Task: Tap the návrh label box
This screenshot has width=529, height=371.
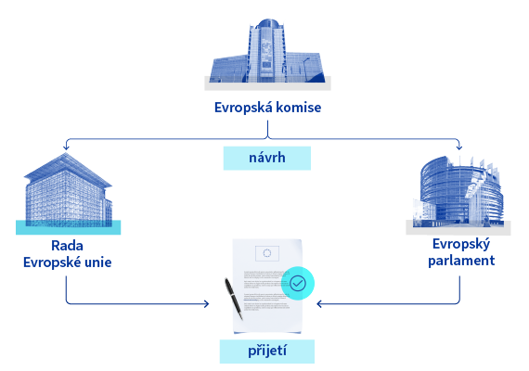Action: (x=267, y=158)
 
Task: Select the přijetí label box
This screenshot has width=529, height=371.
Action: (x=267, y=352)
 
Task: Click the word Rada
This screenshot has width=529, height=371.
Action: (x=67, y=246)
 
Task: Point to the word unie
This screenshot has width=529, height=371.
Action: (x=98, y=262)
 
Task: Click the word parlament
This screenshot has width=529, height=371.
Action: (x=461, y=261)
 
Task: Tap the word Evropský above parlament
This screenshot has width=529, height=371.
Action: (x=461, y=244)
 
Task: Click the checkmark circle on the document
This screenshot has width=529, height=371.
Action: (x=298, y=283)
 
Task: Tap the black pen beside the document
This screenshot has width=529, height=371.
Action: (x=234, y=299)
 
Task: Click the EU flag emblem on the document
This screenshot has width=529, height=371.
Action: (x=267, y=253)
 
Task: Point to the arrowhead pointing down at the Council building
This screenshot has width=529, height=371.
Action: (x=66, y=147)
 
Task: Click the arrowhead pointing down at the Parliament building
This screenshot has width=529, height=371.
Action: (x=459, y=147)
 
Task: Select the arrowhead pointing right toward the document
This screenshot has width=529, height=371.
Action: (x=206, y=304)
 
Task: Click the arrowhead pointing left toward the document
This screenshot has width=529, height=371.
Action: (x=319, y=304)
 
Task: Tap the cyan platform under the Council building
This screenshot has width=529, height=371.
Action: (x=68, y=227)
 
